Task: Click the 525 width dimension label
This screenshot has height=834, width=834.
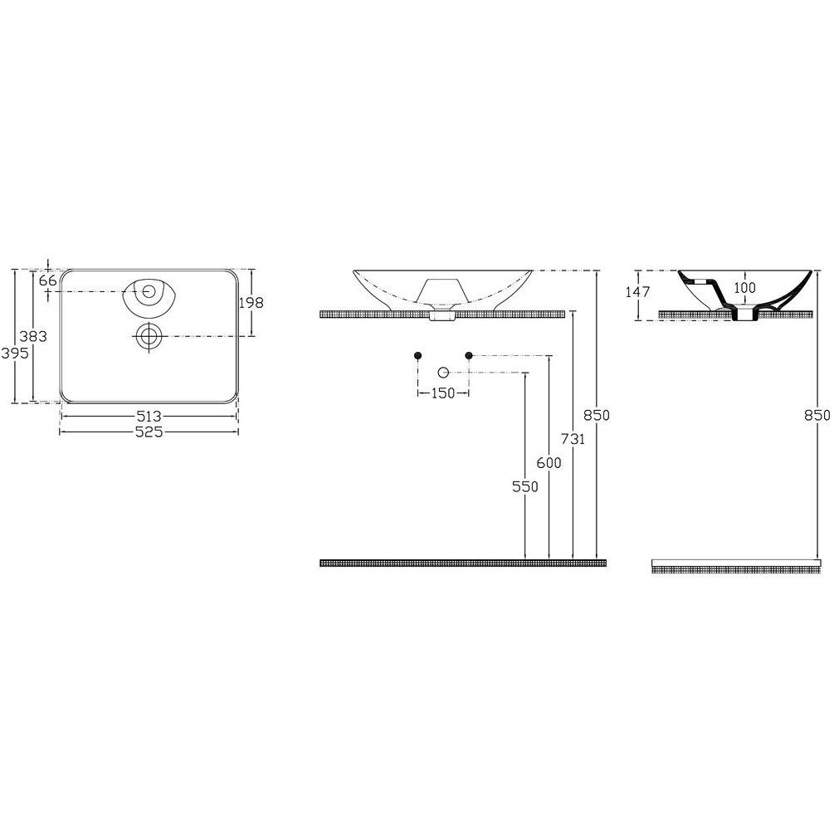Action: tap(149, 432)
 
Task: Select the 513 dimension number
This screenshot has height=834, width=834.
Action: tap(149, 416)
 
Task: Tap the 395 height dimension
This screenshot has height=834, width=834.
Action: tap(14, 353)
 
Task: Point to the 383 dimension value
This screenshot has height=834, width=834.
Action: tap(33, 336)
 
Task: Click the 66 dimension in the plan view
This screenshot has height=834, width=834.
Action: tap(48, 280)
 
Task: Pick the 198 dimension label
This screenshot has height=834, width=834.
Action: tap(251, 303)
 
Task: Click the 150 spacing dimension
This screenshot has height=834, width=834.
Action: tap(442, 393)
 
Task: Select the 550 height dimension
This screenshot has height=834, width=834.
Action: tap(525, 486)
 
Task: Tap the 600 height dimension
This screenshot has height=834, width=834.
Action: tap(549, 463)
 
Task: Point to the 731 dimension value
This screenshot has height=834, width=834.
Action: tap(573, 438)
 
